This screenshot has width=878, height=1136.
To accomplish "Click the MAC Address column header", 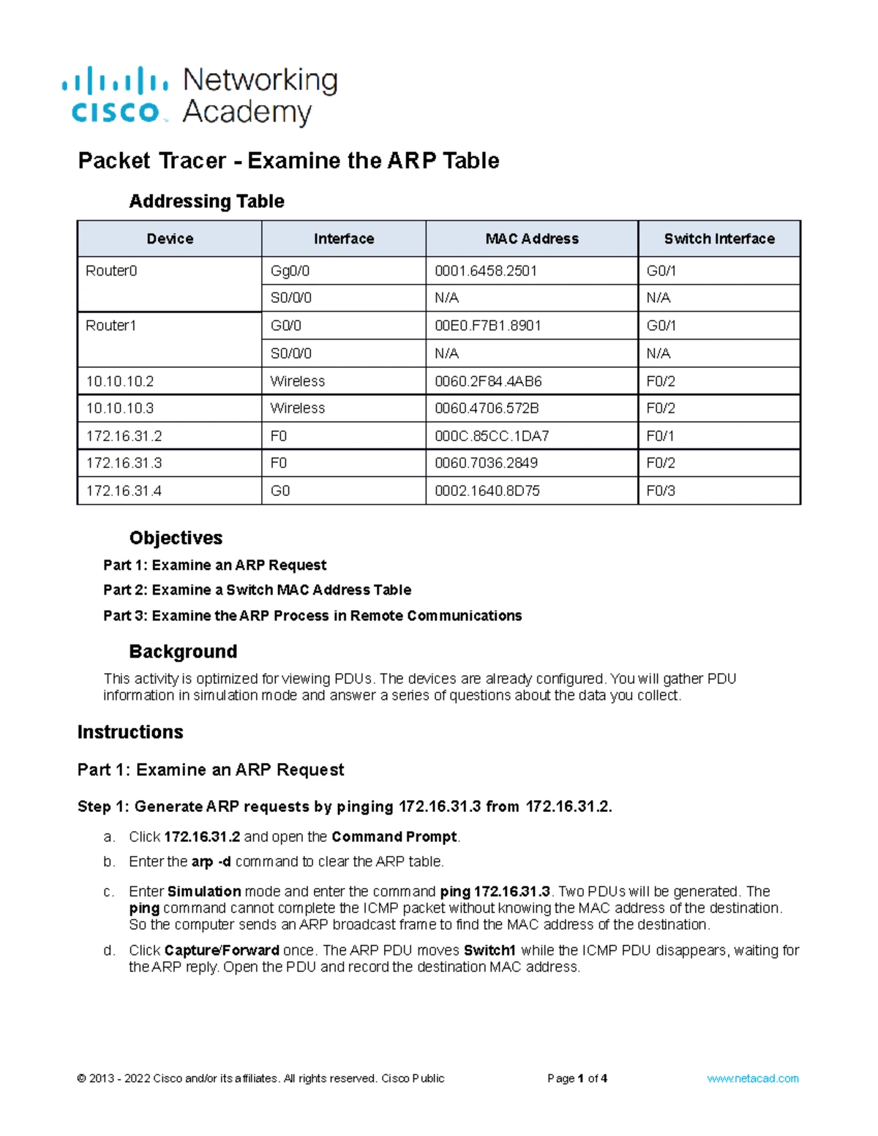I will click(x=532, y=238).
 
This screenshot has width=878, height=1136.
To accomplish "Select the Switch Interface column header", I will click(x=719, y=238).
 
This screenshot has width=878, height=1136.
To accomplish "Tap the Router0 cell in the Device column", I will click(x=112, y=271).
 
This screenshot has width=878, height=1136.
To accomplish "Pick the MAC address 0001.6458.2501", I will click(x=486, y=271).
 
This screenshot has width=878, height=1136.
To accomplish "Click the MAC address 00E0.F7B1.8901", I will click(x=488, y=326).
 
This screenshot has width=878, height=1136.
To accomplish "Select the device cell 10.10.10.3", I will click(x=120, y=408).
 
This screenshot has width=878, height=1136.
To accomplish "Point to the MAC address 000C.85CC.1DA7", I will click(x=492, y=436).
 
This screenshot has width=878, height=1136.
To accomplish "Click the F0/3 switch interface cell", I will click(x=661, y=491).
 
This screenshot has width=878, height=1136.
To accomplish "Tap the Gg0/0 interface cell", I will click(x=290, y=271).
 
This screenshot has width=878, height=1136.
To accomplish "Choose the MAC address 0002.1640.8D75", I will click(x=487, y=491).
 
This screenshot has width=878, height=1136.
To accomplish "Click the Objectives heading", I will click(x=176, y=538).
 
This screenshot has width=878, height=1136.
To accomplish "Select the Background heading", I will click(x=183, y=651).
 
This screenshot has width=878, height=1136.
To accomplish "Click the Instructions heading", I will click(x=130, y=731).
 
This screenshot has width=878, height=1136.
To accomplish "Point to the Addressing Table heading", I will click(x=206, y=201).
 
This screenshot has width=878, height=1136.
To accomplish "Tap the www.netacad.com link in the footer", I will click(x=753, y=1078).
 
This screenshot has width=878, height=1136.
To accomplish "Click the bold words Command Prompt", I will click(x=394, y=836).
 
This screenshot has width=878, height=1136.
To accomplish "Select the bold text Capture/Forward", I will click(x=222, y=950).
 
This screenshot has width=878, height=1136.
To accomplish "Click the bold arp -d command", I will click(x=211, y=862).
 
